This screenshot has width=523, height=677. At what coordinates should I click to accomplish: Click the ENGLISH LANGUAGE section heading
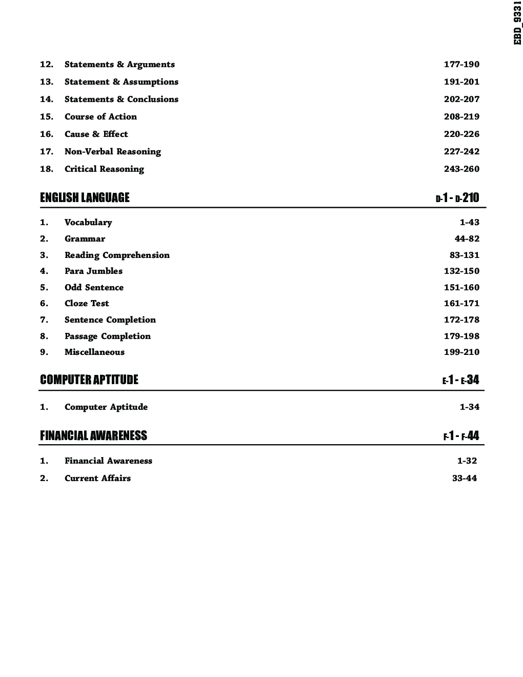pyautogui.click(x=85, y=197)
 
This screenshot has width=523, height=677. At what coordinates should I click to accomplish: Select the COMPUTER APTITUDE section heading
pyautogui.click(x=89, y=380)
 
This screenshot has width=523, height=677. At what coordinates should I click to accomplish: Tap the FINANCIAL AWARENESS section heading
pyautogui.click(x=93, y=435)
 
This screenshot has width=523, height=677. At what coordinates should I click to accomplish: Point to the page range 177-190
pyautogui.click(x=461, y=65)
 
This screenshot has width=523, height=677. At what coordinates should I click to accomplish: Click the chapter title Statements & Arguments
pyautogui.click(x=119, y=65)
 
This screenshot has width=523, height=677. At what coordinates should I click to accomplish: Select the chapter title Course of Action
pyautogui.click(x=100, y=117)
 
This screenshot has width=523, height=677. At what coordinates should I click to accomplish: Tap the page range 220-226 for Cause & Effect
pyautogui.click(x=461, y=134)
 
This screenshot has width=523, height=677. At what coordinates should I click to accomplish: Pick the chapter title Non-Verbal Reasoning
pyautogui.click(x=113, y=152)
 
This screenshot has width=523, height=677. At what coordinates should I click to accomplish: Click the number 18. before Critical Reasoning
pyautogui.click(x=47, y=169)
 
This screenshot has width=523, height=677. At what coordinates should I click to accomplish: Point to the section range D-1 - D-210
pyautogui.click(x=457, y=197)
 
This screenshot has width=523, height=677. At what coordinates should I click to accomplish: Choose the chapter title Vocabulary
pyautogui.click(x=88, y=223)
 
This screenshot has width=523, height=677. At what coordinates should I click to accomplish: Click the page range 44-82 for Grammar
pyautogui.click(x=467, y=239)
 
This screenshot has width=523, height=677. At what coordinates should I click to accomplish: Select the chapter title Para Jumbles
pyautogui.click(x=93, y=271)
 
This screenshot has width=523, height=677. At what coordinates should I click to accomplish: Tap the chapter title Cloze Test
pyautogui.click(x=87, y=304)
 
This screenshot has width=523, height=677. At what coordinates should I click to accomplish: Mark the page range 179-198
pyautogui.click(x=461, y=336)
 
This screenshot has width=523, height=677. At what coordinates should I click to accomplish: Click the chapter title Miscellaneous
pyautogui.click(x=94, y=352)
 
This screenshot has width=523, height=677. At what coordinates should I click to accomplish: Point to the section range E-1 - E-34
pyautogui.click(x=460, y=380)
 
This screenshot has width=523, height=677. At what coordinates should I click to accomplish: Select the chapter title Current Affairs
pyautogui.click(x=97, y=479)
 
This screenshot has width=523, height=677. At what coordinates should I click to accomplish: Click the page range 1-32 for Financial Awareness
pyautogui.click(x=467, y=461)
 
